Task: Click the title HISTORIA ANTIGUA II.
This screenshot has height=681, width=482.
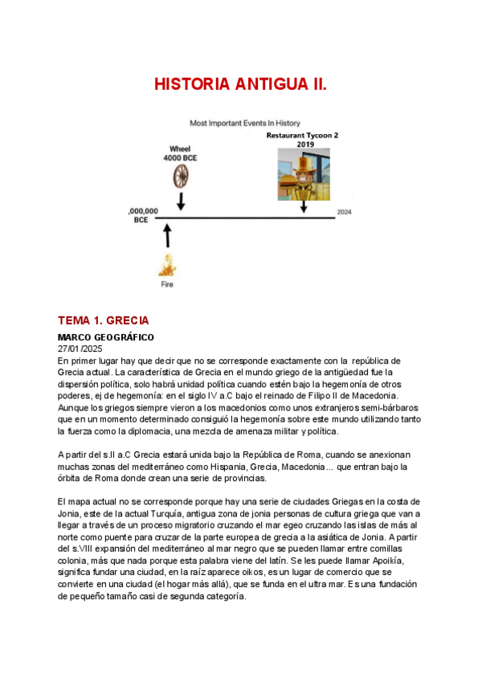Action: pos(240,84)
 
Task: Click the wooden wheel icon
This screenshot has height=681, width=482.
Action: pos(182,175)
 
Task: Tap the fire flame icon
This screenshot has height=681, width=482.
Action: pos(167,264)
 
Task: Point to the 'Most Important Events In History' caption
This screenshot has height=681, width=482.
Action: pos(245,123)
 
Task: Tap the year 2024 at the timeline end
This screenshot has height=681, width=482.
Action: pos(344,212)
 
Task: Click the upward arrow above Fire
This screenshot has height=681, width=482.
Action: pos(167,234)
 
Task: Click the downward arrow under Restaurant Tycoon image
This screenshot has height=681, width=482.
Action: pos(304,206)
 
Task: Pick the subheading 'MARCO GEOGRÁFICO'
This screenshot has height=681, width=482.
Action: pos(105,337)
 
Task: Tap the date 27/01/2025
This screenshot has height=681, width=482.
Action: pos(80,349)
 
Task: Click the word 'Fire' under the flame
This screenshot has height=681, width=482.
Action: pos(166,283)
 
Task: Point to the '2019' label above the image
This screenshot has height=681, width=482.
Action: pos(305,145)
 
